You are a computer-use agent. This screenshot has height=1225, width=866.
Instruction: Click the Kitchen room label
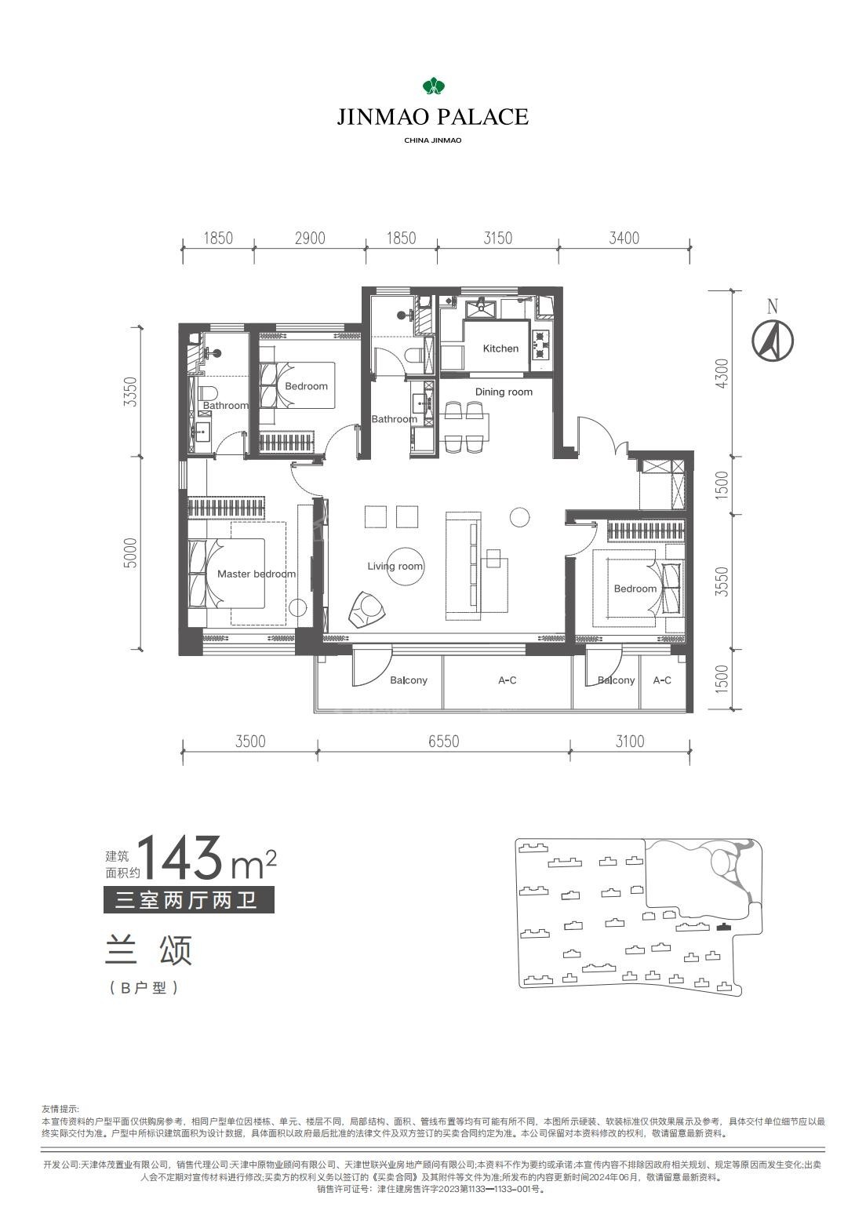[500, 348]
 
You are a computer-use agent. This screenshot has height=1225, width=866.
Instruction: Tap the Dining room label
[504, 392]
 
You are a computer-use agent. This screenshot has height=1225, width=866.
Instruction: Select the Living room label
[395, 567]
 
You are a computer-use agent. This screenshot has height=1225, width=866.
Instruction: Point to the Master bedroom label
[257, 574]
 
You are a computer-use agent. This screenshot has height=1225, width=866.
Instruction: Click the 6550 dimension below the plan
[443, 742]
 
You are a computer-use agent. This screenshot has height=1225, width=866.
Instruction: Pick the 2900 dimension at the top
[310, 239]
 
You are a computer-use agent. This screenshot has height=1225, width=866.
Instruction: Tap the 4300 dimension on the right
[722, 374]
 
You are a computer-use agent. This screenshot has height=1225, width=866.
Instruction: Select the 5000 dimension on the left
[131, 552]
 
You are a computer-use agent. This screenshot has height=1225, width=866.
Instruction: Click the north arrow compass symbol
[772, 340]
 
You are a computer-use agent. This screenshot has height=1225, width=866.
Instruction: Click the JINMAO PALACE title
[432, 116]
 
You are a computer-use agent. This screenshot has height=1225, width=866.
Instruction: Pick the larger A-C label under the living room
[507, 680]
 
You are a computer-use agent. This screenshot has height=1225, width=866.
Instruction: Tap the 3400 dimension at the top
[624, 239]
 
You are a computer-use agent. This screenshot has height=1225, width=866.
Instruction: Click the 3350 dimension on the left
[131, 392]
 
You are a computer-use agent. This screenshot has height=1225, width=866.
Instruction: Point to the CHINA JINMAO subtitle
[432, 140]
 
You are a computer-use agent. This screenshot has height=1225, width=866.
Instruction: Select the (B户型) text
[144, 988]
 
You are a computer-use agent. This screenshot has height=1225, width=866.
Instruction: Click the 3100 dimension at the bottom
[629, 742]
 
